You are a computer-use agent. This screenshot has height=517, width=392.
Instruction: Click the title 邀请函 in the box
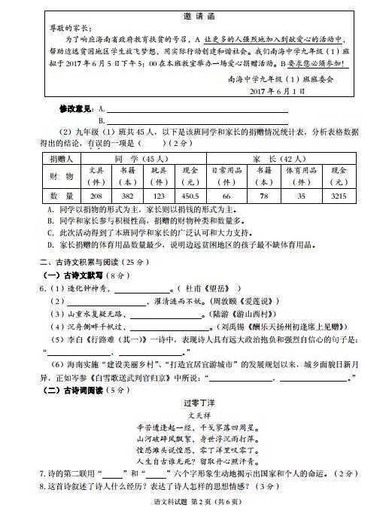point(198,16)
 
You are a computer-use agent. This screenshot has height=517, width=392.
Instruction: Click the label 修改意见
point(76,109)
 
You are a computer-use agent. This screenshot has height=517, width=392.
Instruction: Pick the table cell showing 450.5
point(190,196)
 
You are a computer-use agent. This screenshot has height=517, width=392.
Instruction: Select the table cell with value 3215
point(339,196)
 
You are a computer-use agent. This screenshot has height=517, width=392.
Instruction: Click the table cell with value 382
point(128,196)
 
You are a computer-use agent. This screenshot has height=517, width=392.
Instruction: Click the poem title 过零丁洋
point(197,403)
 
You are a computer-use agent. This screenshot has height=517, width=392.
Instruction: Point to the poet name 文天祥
point(197,415)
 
